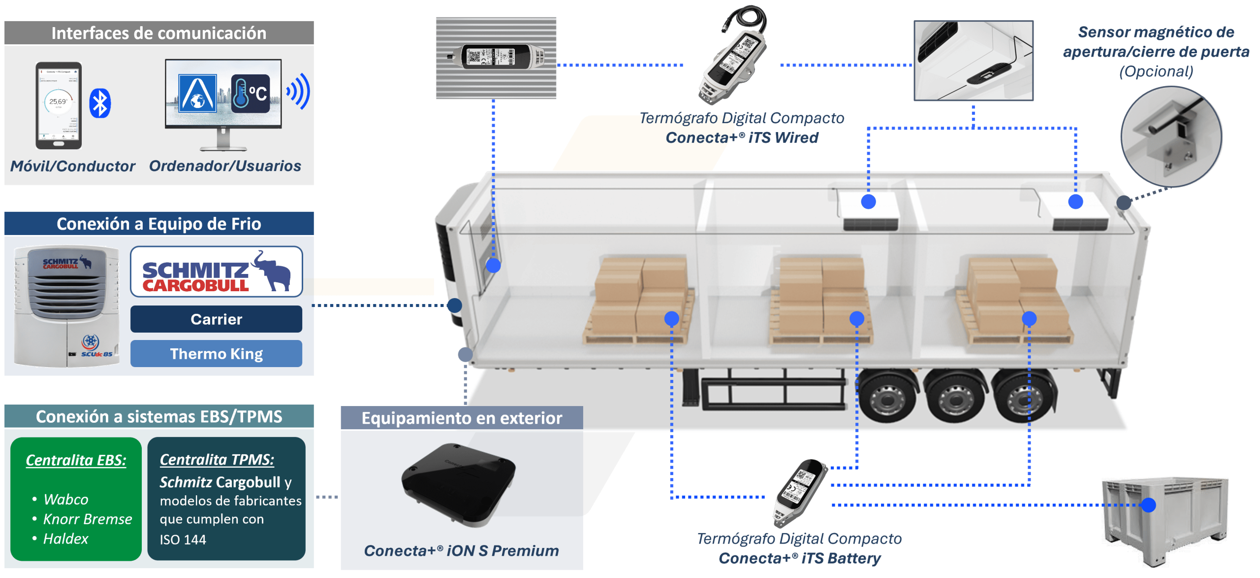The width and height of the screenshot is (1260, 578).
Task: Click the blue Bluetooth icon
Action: tap(100, 103)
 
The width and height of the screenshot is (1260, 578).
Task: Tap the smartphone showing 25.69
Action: tap(59, 105)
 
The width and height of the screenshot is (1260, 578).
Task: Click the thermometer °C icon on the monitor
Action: tap(251, 93)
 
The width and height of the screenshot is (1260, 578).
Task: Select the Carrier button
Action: tap(216, 319)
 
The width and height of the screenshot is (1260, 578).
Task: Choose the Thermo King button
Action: tap(216, 354)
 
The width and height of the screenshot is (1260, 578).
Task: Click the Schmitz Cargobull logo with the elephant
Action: tap(216, 272)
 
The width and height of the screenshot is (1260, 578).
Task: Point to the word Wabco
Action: tap(66, 499)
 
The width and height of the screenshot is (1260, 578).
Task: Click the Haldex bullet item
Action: tap(65, 539)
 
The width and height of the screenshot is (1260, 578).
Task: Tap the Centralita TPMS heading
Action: tap(217, 460)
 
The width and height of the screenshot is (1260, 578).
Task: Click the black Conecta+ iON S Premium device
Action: tap(458, 483)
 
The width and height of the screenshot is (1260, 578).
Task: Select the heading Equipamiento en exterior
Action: tap(461, 418)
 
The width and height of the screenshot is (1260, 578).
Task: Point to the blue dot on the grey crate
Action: tap(1148, 505)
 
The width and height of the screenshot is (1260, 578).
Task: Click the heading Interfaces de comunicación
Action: tap(159, 33)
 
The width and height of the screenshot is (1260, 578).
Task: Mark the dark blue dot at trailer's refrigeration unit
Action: tap(454, 306)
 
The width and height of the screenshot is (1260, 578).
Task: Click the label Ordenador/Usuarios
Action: tap(225, 166)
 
